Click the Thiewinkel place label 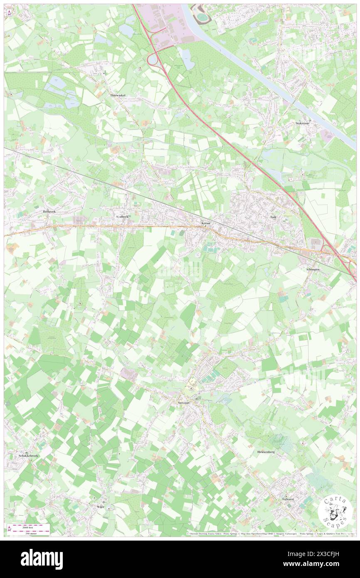[x=118, y=95]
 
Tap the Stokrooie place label [x=303, y=123]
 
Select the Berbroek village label [x=49, y=212]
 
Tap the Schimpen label [x=313, y=269]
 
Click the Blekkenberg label [x=266, y=451]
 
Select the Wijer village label [x=100, y=507]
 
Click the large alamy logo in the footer [x=42, y=559]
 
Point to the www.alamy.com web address [x=315, y=564]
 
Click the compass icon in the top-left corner [x=9, y=13]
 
